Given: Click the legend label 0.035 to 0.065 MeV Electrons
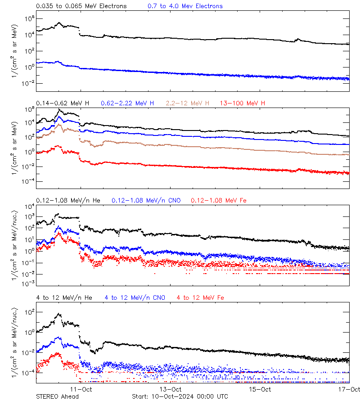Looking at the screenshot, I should (x=81, y=6).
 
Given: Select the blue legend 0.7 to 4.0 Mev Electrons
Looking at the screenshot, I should (x=185, y=6).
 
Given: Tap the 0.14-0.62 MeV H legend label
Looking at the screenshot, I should (x=63, y=103).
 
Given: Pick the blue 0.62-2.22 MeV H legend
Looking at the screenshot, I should (x=128, y=103).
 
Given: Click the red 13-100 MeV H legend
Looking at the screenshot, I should (x=243, y=103).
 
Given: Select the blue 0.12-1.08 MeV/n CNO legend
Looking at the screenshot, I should (x=146, y=200).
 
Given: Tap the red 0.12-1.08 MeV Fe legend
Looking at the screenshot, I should (x=219, y=200).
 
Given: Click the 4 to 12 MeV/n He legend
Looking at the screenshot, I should (x=64, y=297).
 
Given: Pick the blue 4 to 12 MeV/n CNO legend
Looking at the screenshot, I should (x=135, y=297).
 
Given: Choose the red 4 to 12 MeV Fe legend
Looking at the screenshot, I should (x=200, y=297).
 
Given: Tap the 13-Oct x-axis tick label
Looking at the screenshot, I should (x=171, y=389).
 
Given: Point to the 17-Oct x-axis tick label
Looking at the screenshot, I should (x=349, y=389).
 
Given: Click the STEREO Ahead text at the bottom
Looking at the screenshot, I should (x=57, y=396).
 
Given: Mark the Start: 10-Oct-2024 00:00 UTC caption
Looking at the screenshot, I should (x=180, y=396).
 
